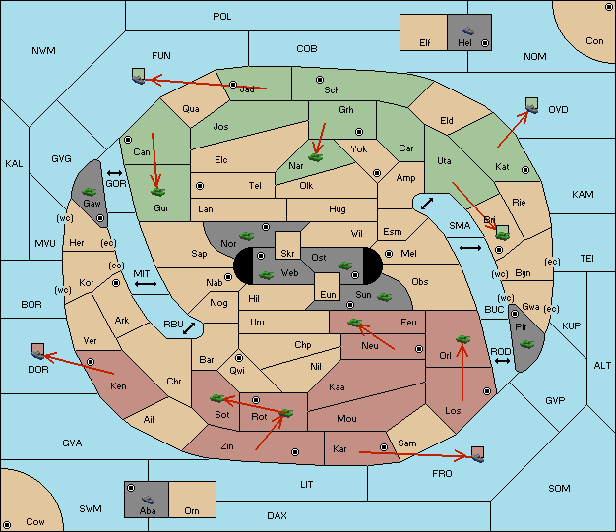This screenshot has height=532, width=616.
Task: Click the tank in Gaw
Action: pyautogui.click(x=90, y=192)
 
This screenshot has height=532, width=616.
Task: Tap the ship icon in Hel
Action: pyautogui.click(x=467, y=30)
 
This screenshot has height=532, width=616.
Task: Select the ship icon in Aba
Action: pyautogui.click(x=149, y=500)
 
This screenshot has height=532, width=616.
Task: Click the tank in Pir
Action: pyautogui.click(x=526, y=344)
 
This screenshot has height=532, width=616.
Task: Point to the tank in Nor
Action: pyautogui.click(x=247, y=236)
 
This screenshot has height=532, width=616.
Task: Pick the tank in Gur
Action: pyautogui.click(x=157, y=192)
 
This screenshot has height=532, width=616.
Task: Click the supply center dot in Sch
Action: pyautogui.click(x=320, y=80)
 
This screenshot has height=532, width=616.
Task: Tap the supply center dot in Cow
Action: pyautogui.click(x=7, y=524)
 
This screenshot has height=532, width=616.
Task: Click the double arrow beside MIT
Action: pyautogui.click(x=146, y=284)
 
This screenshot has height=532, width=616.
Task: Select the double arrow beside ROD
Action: pyautogui.click(x=502, y=361)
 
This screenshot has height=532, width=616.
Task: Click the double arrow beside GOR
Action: pyautogui.click(x=115, y=173)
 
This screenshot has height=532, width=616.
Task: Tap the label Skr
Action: pyautogui.click(x=287, y=254)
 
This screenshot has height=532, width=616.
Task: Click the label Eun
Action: pyautogui.click(x=328, y=294)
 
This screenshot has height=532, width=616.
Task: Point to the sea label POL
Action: pyautogui.click(x=222, y=17)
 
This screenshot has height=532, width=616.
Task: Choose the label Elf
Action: pyautogui.click(x=425, y=43)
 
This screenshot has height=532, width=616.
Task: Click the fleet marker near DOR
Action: pyautogui.click(x=38, y=351)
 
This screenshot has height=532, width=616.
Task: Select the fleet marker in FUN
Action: pyautogui.click(x=139, y=76)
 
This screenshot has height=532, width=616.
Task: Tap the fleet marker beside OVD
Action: pyautogui.click(x=532, y=105)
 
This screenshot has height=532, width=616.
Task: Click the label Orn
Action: pyautogui.click(x=192, y=510)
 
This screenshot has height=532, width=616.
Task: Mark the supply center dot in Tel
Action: pyautogui.click(x=200, y=185)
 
